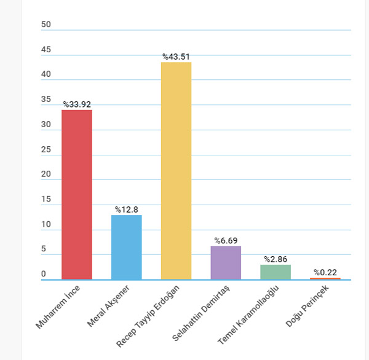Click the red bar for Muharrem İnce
(77, 194)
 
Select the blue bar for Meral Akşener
(127, 247)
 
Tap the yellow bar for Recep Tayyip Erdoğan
(176, 171)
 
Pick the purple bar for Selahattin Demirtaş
(226, 263)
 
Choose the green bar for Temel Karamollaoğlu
(276, 272)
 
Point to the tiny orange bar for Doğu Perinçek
(325, 279)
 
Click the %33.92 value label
(77, 104)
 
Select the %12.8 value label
(127, 209)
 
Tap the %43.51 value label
(176, 57)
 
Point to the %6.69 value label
(226, 240)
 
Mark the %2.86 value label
(276, 259)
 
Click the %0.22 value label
(325, 272)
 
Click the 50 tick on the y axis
(46, 25)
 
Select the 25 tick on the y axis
(46, 149)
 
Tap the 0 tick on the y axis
(44, 274)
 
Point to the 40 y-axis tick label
(46, 74)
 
